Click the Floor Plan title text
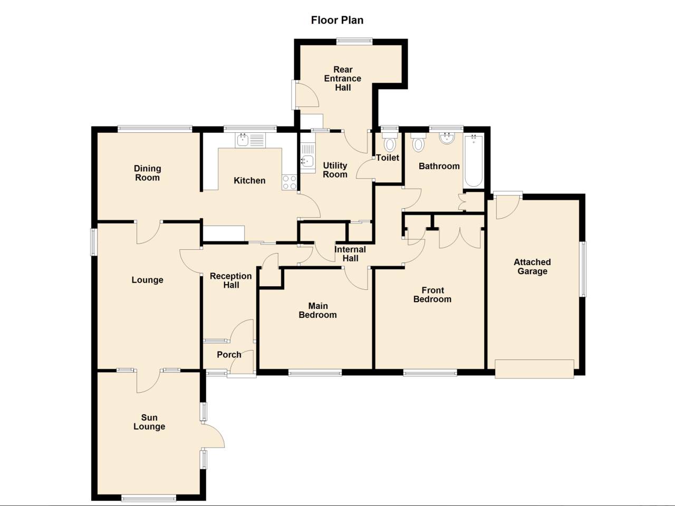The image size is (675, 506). [337, 21]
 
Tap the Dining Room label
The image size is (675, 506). [147, 173]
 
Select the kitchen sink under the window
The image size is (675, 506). [243, 140]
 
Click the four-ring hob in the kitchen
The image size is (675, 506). [290, 182]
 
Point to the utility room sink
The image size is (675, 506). [307, 162]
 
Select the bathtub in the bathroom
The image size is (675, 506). [473, 161]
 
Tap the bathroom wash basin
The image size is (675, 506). [447, 138]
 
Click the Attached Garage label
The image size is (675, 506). [532, 267]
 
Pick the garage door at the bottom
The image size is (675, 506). [534, 368]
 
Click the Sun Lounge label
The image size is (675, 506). [149, 422]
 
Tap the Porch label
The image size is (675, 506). [229, 355]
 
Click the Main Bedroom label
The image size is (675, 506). [317, 310]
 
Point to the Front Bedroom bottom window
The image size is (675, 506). [430, 373]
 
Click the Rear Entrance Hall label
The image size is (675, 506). [343, 79]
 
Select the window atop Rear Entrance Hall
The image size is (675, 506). [354, 41]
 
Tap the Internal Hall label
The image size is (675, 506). [350, 254]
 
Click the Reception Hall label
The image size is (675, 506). [231, 280]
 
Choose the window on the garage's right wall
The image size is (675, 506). [583, 269]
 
